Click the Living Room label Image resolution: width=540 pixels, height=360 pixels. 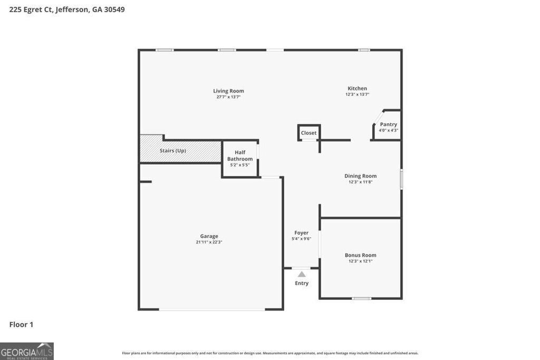coord(228,91)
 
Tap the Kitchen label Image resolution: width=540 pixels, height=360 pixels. coord(357,88)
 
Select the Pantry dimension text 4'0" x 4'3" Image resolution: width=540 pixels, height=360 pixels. coord(388,130)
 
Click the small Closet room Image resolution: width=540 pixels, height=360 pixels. coord(309,132)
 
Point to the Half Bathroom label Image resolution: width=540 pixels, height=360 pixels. coord(240,155)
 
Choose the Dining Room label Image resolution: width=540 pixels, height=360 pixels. coord(361,176)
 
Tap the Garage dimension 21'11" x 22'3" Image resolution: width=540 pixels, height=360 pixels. coord(209,242)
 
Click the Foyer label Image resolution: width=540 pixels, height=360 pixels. coord(302,232)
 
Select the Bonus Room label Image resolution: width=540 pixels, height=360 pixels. coord(361,255)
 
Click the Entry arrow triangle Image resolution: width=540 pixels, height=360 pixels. coord(302,274)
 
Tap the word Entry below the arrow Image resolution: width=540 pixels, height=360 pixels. coord(302,283)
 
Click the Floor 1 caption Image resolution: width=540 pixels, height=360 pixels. coord(21,325)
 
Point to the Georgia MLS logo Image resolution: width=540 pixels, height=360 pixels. coord(26,351)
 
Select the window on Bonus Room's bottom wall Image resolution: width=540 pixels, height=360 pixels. coord(361,298)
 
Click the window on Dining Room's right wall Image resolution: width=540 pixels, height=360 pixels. coord(401,179)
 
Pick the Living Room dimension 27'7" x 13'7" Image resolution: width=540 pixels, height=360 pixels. coord(228,97)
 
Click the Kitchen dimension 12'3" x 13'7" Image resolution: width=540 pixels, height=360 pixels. coord(357,94)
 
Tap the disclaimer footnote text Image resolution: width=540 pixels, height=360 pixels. coord(270,353)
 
